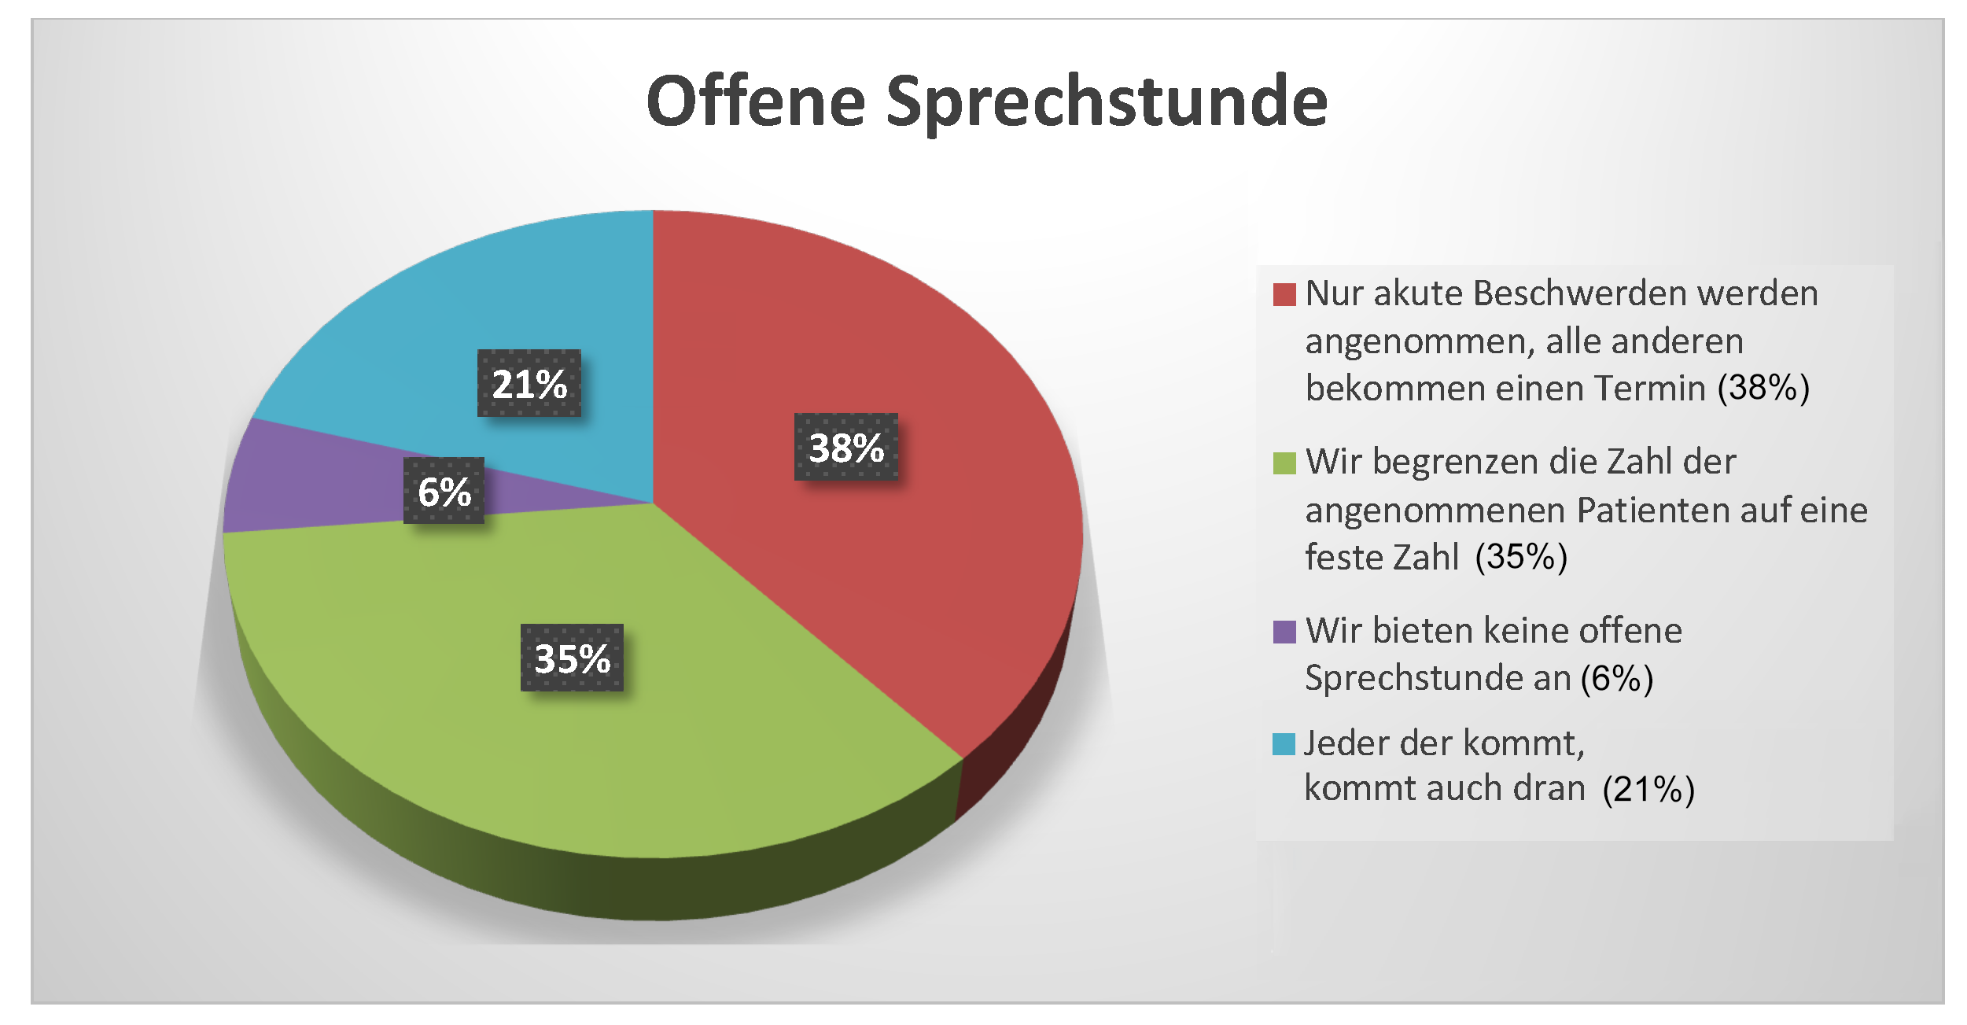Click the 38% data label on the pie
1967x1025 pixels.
[846, 447]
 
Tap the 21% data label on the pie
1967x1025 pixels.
[529, 383]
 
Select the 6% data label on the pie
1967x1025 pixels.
[444, 491]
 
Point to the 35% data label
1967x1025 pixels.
[572, 658]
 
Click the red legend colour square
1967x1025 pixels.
[1284, 294]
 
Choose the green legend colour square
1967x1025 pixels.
[1284, 463]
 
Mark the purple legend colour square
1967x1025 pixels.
[1284, 632]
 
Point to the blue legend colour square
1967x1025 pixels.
[1284, 744]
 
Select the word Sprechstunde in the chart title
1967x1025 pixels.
[1107, 102]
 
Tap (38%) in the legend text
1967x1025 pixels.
[1763, 388]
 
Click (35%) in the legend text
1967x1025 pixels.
[1521, 557]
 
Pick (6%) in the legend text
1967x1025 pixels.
[1617, 678]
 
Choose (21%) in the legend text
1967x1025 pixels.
[1648, 789]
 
